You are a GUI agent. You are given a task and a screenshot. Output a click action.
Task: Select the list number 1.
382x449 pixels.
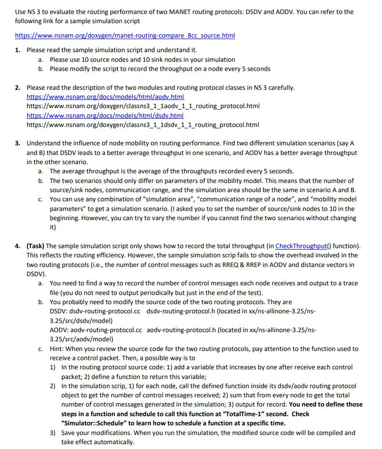click(x=17, y=50)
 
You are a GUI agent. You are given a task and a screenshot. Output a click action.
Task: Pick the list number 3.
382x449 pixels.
click(x=17, y=143)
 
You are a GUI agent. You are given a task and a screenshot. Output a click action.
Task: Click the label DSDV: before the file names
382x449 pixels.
click(x=59, y=311)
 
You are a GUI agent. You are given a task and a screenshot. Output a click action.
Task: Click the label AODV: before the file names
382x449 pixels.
click(x=59, y=330)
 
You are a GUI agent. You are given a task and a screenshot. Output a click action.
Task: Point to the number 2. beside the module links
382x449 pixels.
click(x=17, y=87)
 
